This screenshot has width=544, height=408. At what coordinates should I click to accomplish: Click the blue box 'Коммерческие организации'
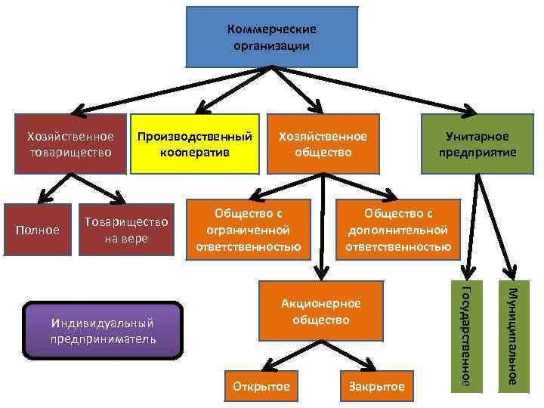[x=271, y=37]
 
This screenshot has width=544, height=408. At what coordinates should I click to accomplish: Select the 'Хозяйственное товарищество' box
[x=70, y=144]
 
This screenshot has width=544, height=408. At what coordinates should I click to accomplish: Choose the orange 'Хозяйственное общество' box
[x=323, y=144]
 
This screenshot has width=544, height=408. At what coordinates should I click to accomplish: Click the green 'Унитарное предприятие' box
[x=477, y=144]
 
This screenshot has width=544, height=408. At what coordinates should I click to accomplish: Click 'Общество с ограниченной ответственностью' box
[x=248, y=226]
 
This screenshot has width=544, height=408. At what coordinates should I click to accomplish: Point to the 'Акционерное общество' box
[x=320, y=311]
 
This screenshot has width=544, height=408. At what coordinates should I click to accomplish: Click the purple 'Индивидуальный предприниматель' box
[x=104, y=330]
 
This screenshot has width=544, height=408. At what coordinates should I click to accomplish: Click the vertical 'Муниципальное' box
[x=512, y=335]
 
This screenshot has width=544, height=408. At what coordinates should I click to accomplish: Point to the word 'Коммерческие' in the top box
[x=271, y=29]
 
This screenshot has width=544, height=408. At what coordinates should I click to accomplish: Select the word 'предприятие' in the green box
[x=477, y=152]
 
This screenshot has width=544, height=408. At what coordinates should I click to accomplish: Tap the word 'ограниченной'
[x=248, y=230]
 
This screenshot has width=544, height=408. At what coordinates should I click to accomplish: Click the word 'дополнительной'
[x=397, y=230]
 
